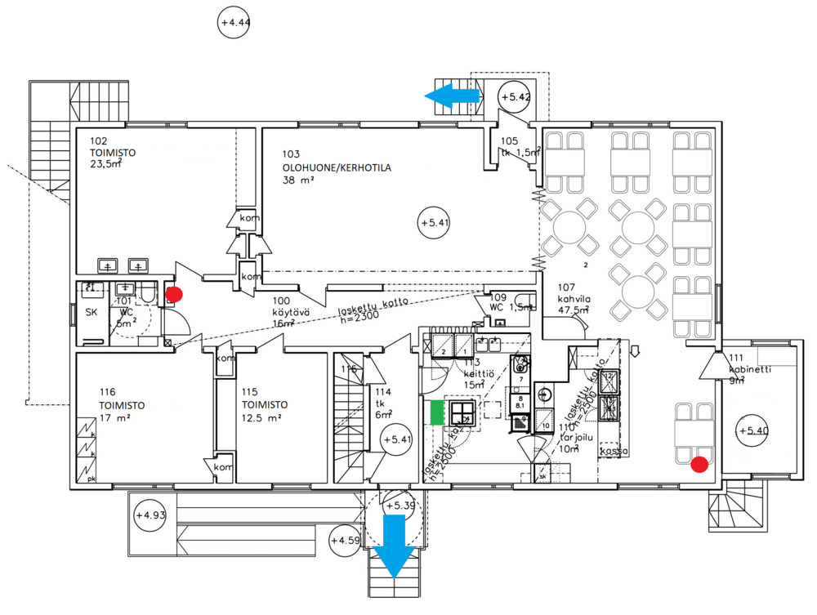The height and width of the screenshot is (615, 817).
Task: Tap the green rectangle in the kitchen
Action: (x=437, y=412)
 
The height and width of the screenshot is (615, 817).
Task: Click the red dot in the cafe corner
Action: (x=699, y=465)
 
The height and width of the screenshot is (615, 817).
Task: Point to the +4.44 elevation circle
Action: (x=234, y=22)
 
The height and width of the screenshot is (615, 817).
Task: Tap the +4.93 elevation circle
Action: (x=150, y=515)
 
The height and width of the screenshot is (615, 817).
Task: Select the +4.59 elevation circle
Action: (x=345, y=540)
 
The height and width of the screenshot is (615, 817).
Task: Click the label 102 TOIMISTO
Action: (x=112, y=152)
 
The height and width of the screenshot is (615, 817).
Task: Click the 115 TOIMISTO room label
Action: (x=263, y=405)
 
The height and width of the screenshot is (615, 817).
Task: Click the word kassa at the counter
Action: (x=612, y=450)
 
